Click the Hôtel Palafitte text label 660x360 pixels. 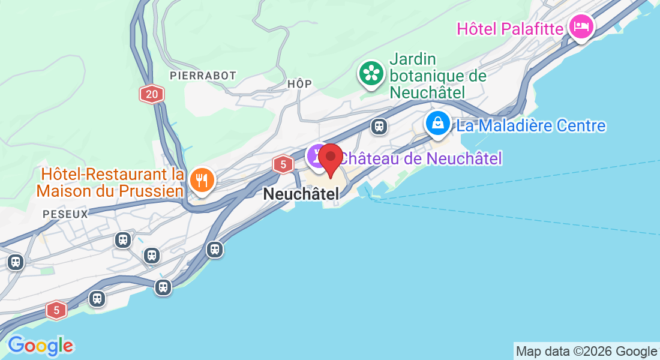point(510,28)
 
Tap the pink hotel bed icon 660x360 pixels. point(581,26)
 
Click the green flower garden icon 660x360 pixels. point(371,74)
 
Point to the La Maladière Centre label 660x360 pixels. point(531,126)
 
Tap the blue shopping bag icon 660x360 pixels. point(439,123)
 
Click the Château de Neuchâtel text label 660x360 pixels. point(420,158)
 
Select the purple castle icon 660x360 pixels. point(316,156)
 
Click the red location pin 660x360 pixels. point(330,159)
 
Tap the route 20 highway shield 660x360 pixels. point(151,94)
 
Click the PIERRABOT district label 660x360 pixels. point(203,76)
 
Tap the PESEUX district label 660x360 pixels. point(65,214)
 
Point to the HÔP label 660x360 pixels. point(299,84)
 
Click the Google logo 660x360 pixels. point(40,346)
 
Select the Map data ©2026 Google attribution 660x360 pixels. point(586,352)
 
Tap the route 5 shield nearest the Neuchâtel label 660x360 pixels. point(283,164)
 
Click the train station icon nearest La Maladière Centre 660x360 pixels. point(379,126)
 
